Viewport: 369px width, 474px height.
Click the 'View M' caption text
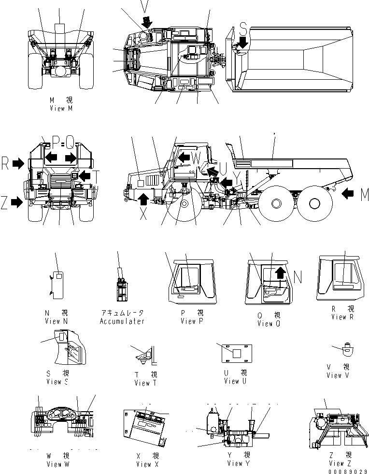(x=61, y=109)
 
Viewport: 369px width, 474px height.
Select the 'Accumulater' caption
(x=122, y=321)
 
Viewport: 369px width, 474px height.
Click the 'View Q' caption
(x=265, y=324)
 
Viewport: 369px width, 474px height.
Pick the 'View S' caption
(x=57, y=382)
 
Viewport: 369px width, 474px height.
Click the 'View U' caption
(x=235, y=381)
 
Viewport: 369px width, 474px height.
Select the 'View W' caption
(x=57, y=464)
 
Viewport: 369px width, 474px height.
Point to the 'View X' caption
(x=143, y=464)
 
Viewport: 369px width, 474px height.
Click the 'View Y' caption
(x=238, y=463)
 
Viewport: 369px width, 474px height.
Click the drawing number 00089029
(x=348, y=471)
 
